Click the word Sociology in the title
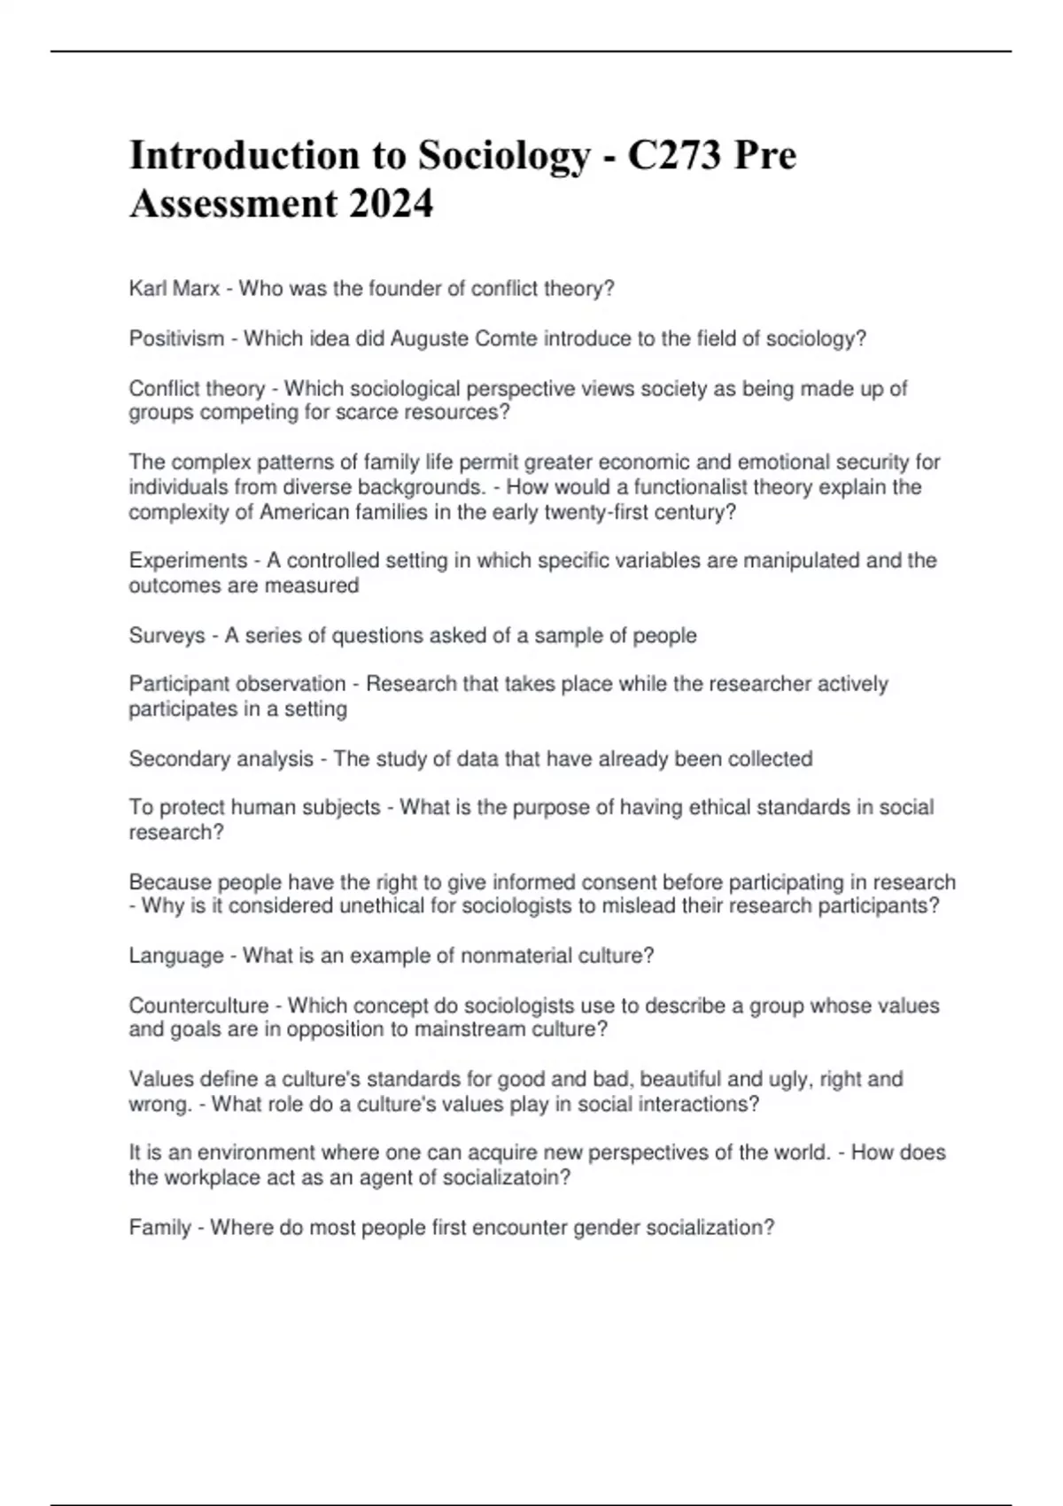[503, 156]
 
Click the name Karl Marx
[175, 289]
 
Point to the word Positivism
[176, 338]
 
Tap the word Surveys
[167, 635]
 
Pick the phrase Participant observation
[237, 684]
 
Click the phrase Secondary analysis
[221, 759]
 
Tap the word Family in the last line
[159, 1228]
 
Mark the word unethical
[380, 906]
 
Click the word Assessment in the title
[233, 204]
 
